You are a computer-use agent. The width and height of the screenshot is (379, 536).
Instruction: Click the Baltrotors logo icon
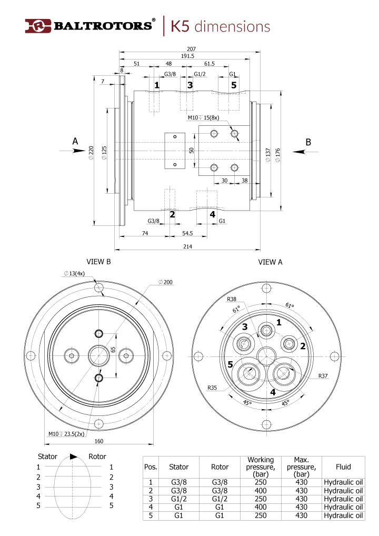(37, 26)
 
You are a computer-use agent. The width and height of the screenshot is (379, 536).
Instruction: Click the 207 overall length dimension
(190, 49)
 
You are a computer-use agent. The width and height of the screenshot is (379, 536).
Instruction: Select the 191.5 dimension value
(188, 56)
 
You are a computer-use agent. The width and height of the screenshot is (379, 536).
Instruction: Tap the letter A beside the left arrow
(75, 141)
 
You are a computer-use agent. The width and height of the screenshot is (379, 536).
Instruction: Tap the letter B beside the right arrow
(308, 142)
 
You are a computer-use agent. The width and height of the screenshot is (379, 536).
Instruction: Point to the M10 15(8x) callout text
(203, 118)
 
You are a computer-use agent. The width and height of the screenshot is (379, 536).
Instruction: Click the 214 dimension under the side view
(187, 246)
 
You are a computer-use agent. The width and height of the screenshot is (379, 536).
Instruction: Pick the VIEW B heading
(98, 262)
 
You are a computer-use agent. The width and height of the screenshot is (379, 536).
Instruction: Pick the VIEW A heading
(271, 262)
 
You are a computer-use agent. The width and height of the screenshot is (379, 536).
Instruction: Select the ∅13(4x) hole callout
(77, 273)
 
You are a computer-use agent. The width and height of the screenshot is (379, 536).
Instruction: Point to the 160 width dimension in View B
(99, 441)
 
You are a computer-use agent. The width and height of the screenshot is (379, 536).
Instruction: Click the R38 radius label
(232, 299)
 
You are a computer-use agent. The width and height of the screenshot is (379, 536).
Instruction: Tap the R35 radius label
(212, 388)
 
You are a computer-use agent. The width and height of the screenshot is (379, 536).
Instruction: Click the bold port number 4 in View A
(273, 392)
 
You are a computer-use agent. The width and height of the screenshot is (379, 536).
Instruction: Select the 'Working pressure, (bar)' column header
(260, 466)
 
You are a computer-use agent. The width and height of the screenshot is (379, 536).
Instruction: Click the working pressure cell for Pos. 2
(260, 491)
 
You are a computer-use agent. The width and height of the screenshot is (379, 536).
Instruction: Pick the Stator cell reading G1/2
(178, 499)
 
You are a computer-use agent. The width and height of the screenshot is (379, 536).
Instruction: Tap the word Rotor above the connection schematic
(97, 456)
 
